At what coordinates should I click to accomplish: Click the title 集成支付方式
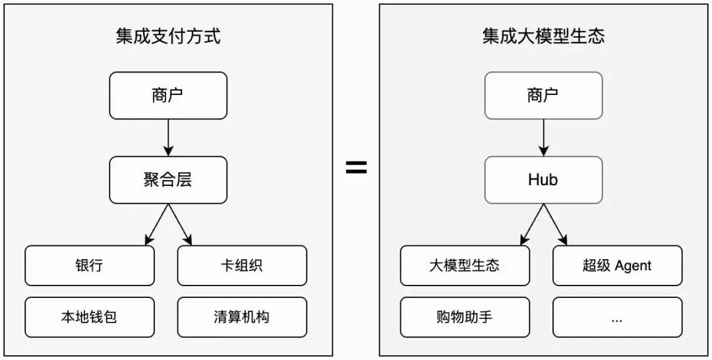[168, 36]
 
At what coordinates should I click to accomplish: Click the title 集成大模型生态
[543, 36]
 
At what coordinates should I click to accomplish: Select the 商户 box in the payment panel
[168, 96]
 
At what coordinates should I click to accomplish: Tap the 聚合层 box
[168, 180]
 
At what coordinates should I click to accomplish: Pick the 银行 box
[90, 266]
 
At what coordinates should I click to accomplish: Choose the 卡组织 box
[242, 266]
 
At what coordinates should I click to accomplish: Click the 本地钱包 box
[90, 317]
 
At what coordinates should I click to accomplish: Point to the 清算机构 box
[242, 317]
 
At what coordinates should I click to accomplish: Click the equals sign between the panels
[357, 167]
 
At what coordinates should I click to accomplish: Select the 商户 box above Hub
[543, 96]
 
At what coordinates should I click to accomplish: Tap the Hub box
[543, 180]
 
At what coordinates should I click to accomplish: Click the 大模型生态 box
[465, 266]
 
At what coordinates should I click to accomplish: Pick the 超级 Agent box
[618, 266]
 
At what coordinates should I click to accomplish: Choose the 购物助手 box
[465, 317]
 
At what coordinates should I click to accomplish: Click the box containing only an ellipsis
[618, 317]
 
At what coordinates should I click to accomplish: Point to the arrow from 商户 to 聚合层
[168, 138]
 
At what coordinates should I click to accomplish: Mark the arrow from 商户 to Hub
[543, 138]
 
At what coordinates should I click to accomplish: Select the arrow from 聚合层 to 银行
[157, 225]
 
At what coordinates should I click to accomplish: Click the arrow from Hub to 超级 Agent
[555, 225]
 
